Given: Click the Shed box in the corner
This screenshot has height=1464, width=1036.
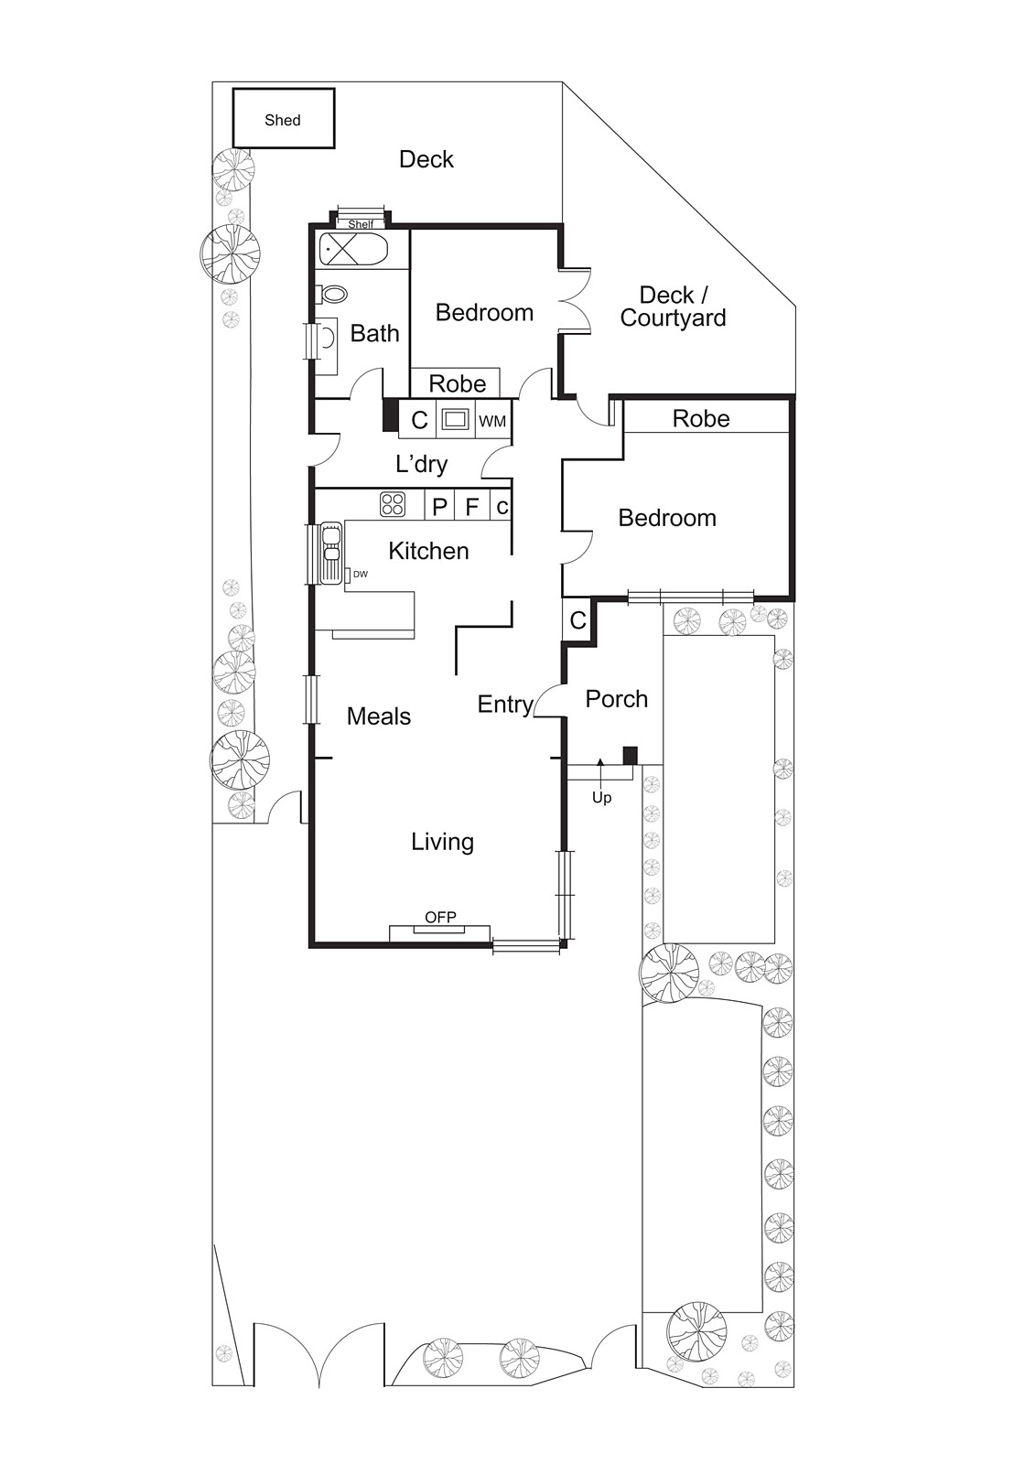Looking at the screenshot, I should pos(283,118).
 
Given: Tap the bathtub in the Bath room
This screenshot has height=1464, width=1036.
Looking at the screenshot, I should pos(352,248).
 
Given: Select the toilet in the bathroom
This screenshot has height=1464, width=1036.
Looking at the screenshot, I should pos(333,295).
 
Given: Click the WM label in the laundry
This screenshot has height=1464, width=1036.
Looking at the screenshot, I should pos(492,422).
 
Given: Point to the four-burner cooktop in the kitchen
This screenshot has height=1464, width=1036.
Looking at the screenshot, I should pos(393,504).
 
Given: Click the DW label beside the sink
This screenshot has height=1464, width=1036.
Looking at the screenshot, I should pos(361,575).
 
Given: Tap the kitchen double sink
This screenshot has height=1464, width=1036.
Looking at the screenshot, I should pos(330,553).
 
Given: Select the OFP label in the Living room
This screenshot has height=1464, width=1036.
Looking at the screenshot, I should pos(440,918).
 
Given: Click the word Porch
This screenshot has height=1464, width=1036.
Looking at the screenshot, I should pos(616,699).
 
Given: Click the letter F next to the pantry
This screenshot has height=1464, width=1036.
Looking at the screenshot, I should pos(471,506).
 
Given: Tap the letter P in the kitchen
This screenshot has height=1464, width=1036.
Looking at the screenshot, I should pos(439,506).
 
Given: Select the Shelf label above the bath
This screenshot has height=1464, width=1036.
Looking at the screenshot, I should pos(361,224).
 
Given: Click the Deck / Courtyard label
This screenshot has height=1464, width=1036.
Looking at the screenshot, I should pos(673,307).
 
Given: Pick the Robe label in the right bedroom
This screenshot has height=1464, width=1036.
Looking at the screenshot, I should pos(701,419).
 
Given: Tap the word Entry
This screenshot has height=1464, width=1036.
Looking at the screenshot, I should pos(504,704).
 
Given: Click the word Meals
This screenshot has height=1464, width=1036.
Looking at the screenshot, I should pos(378,716).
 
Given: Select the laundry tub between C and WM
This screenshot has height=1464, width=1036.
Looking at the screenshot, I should pos(455,420).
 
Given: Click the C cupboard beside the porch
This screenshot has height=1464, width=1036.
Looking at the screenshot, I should pos(577,620).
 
